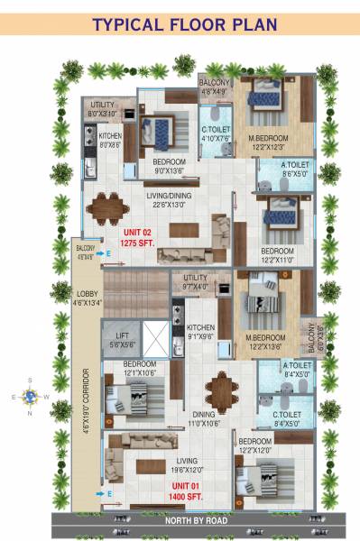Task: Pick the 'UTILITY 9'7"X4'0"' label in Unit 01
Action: coord(196,282)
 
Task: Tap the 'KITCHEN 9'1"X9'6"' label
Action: coord(201,332)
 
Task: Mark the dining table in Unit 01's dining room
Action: coord(220,389)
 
